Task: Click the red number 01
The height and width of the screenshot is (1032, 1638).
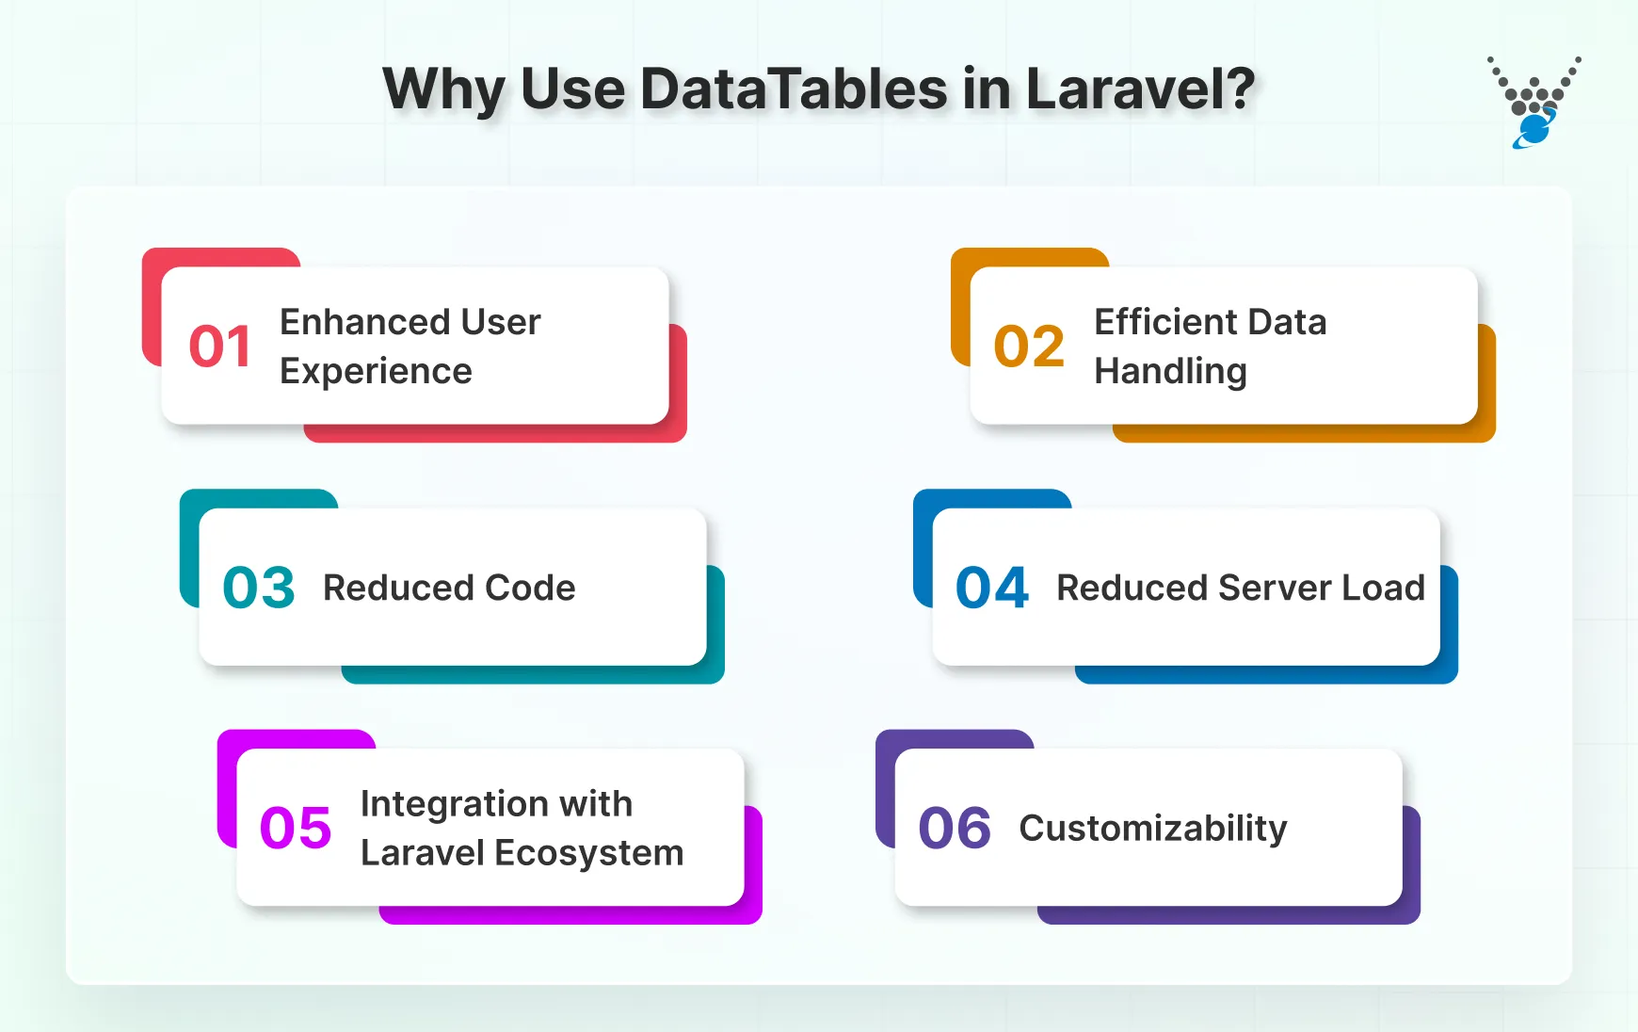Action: (x=219, y=347)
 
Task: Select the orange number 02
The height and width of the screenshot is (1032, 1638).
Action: (x=1029, y=347)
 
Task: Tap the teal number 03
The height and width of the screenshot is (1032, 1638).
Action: (x=259, y=588)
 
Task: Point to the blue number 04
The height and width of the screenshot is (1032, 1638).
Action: (x=992, y=588)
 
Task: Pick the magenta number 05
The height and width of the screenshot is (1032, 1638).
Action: (x=296, y=829)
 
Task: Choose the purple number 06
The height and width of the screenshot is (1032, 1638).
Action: (x=955, y=829)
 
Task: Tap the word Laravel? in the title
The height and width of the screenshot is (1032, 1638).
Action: (x=1140, y=89)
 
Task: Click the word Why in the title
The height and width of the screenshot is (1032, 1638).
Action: (x=443, y=89)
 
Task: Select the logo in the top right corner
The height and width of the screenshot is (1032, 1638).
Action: (x=1534, y=103)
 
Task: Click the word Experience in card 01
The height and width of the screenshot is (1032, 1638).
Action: (x=376, y=372)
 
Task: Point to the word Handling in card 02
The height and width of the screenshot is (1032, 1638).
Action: (x=1170, y=372)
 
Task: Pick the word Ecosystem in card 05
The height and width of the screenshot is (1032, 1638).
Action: (x=588, y=853)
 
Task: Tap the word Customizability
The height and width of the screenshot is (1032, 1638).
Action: (x=1152, y=829)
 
